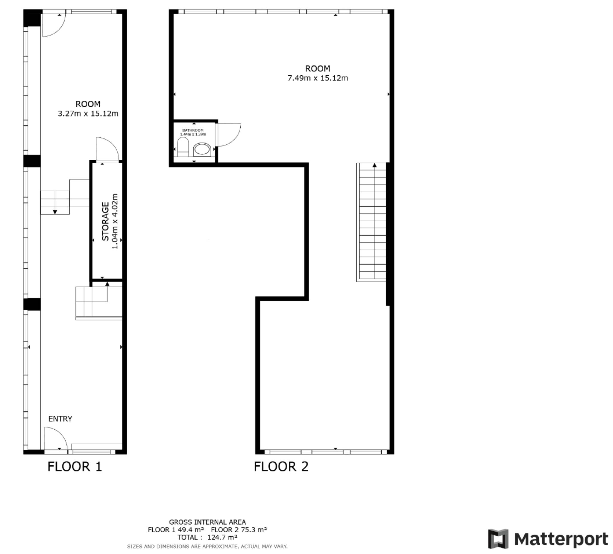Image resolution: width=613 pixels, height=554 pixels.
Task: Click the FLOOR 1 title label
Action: pos(75,466)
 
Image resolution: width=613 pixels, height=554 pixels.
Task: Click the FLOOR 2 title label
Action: pos(281,466)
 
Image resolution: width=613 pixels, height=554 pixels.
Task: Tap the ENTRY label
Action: pos(60,419)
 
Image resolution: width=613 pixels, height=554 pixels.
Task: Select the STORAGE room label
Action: pos(105,222)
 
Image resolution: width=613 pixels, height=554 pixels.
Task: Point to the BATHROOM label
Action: pos(193,130)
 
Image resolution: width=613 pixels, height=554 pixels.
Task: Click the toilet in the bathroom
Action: pos(183,147)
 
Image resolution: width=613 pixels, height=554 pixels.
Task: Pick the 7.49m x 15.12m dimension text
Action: pos(318,78)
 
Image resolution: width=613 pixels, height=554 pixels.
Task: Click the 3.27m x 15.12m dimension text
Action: pos(88,114)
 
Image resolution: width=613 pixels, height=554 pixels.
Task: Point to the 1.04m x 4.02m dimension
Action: pos(115,222)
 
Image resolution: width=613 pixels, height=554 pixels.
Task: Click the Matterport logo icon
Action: pos(498,539)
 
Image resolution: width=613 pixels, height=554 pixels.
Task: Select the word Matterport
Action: pos(561,539)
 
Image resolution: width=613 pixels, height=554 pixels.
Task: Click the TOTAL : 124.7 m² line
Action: pos(207,537)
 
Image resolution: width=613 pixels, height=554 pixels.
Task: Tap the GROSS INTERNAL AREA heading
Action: pos(207,522)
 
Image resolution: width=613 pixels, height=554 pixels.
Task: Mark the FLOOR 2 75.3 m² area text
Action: pos(239,530)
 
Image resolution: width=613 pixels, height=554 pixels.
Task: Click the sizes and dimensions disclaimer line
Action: pos(207,547)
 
